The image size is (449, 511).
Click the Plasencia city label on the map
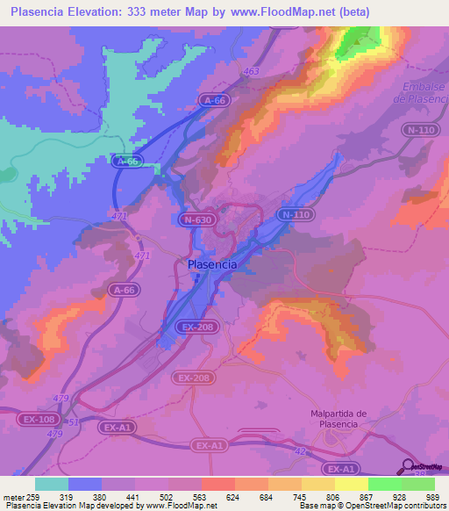[x=212, y=263]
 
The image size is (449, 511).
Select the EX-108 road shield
[x=38, y=420]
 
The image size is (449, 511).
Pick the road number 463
[x=253, y=71]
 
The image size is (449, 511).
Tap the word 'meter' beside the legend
[x=11, y=496]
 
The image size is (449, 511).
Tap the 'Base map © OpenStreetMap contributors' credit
[x=370, y=506]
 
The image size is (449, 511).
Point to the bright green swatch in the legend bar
[x=384, y=484]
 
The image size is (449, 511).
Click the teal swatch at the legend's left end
[x=51, y=484]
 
